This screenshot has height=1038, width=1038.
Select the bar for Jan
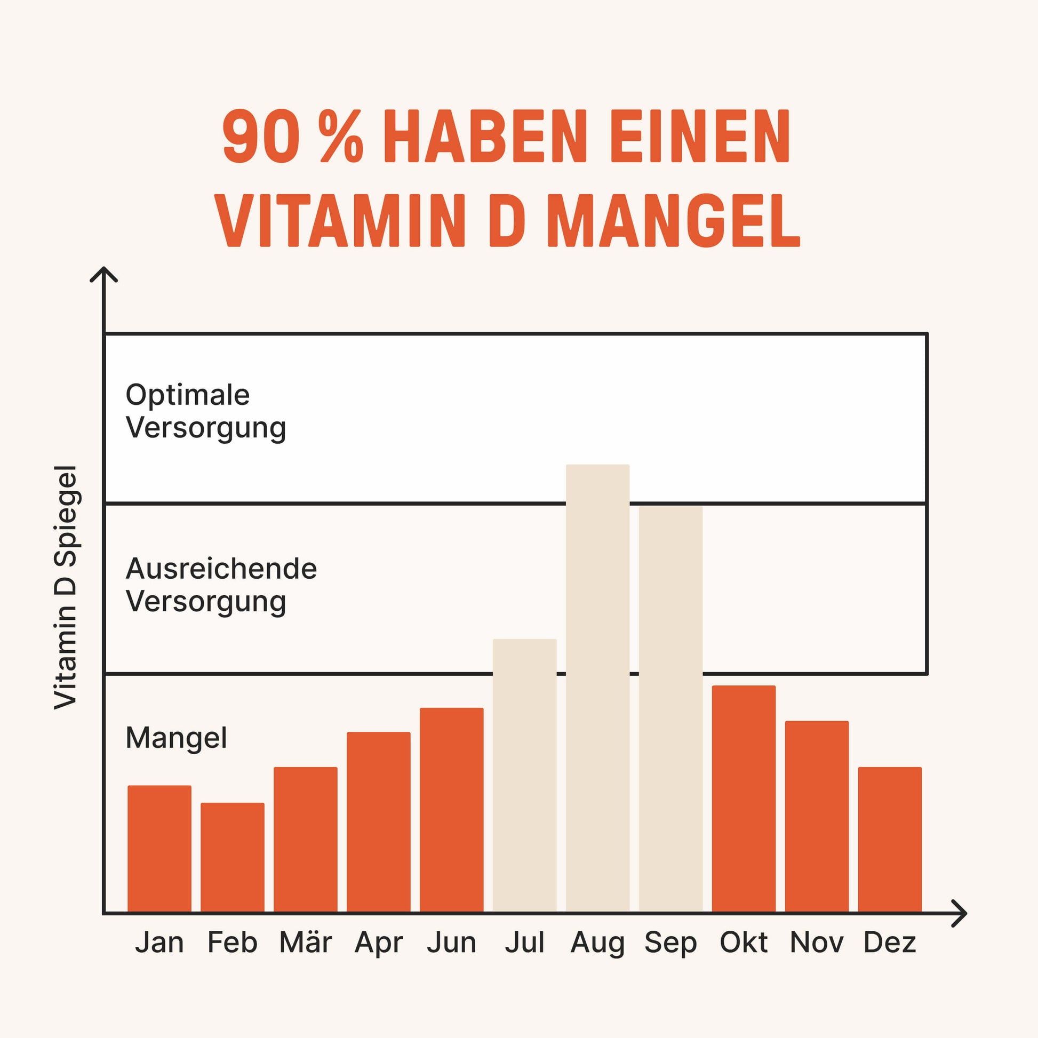[159, 848]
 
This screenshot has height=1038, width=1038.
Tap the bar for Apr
[378, 821]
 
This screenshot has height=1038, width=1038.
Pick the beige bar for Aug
[597, 688]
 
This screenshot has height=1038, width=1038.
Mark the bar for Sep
[670, 709]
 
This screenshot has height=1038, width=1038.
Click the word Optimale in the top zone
[188, 395]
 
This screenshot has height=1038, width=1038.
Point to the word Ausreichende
[221, 569]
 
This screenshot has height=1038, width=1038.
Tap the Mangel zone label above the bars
[176, 738]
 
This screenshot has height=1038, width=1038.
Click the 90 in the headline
[261, 137]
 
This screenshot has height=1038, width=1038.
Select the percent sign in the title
[341, 137]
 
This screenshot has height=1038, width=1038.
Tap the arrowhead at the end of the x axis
[960, 913]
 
